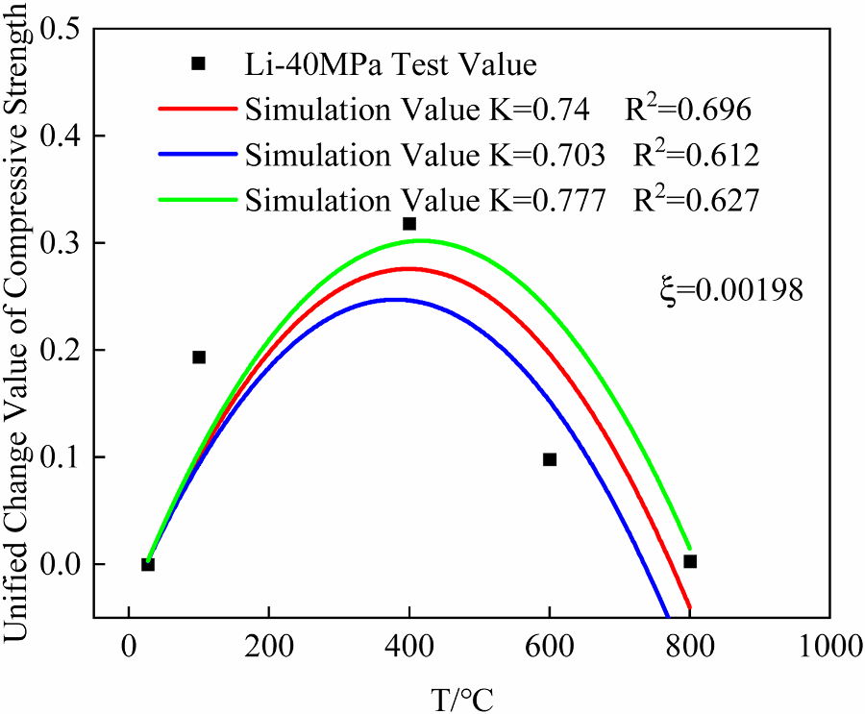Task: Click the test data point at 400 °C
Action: tap(409, 224)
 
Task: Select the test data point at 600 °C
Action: tap(550, 459)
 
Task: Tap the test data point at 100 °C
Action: tap(199, 357)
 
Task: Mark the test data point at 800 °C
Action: tap(690, 561)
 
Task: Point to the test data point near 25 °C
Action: tap(147, 564)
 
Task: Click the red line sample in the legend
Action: tap(195, 111)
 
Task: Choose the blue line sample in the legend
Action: tap(195, 155)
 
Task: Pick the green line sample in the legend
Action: tap(195, 200)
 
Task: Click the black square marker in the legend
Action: tap(199, 63)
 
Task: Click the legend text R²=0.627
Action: tap(696, 200)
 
